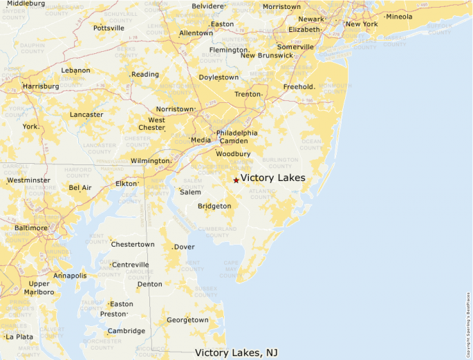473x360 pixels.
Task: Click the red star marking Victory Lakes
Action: pyautogui.click(x=236, y=180)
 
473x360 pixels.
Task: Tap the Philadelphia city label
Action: pyautogui.click(x=236, y=133)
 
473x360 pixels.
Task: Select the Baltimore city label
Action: pyautogui.click(x=31, y=227)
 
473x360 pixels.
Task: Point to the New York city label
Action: pyautogui.click(x=362, y=24)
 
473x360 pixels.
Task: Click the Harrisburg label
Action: pyautogui.click(x=41, y=86)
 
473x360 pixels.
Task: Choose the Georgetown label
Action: pyautogui.click(x=187, y=320)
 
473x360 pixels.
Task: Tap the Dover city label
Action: pyautogui.click(x=184, y=247)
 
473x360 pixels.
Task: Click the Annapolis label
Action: pyautogui.click(x=70, y=276)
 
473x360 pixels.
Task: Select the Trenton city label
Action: pyautogui.click(x=248, y=94)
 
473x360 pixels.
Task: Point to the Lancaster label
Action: pyautogui.click(x=86, y=115)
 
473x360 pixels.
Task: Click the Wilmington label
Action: pyautogui.click(x=150, y=161)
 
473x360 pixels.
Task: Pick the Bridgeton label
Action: pyautogui.click(x=214, y=206)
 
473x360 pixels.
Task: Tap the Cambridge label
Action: pyautogui.click(x=126, y=331)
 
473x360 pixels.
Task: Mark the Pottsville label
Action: pyautogui.click(x=109, y=28)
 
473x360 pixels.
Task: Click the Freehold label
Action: pyautogui.click(x=299, y=87)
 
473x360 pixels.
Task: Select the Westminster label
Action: pyautogui.click(x=28, y=180)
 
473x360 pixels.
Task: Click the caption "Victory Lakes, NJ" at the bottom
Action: pyautogui.click(x=236, y=352)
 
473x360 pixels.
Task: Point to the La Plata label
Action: pyautogui.click(x=19, y=337)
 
